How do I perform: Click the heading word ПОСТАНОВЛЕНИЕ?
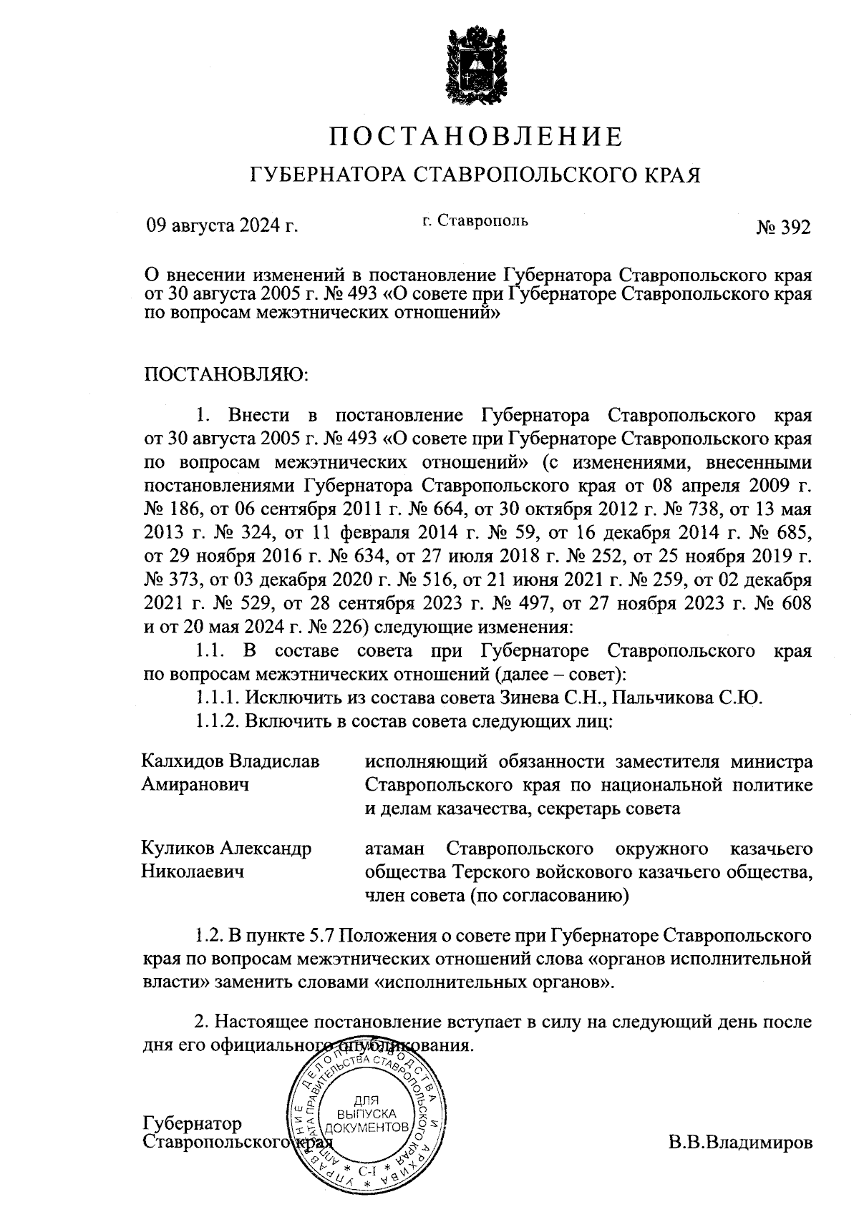click(x=475, y=136)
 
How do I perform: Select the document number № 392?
click(x=783, y=228)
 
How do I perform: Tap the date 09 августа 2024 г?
click(x=222, y=228)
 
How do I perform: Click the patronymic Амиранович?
click(x=195, y=784)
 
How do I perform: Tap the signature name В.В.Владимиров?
click(x=741, y=1143)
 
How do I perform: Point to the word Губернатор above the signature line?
click(x=193, y=1123)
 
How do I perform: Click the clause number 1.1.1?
click(x=218, y=697)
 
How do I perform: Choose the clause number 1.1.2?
click(x=218, y=720)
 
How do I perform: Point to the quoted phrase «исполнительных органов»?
click(x=495, y=982)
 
